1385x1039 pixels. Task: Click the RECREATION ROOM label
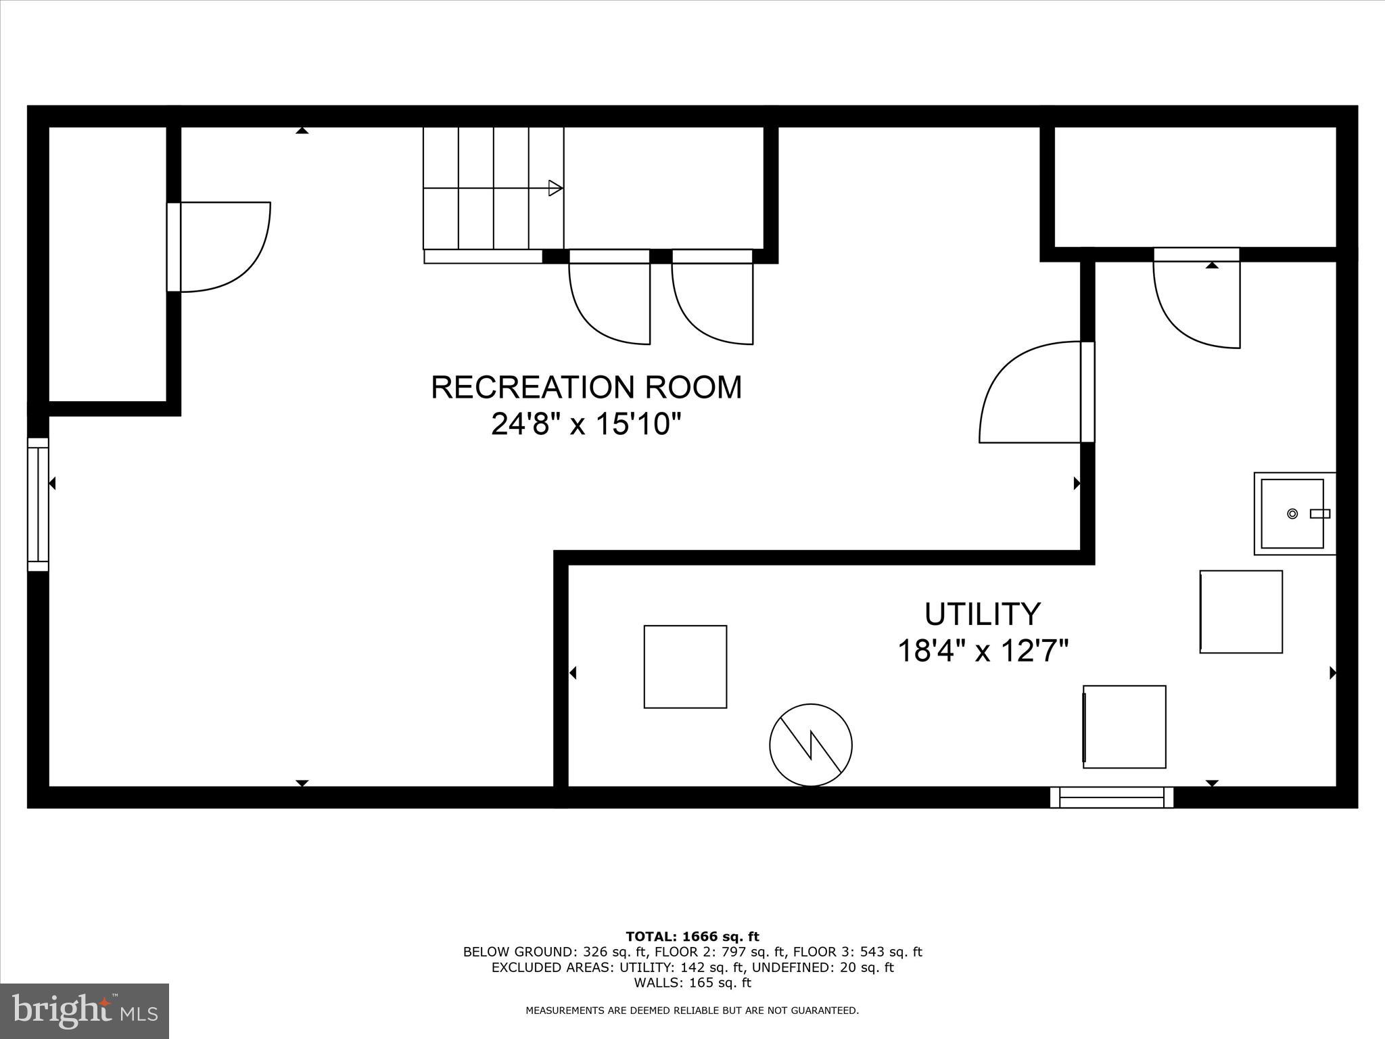(586, 388)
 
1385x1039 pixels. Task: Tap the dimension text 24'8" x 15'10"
(586, 425)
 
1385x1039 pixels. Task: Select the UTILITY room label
(982, 614)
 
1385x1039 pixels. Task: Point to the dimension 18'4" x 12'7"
(982, 651)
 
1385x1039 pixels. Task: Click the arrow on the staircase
(555, 188)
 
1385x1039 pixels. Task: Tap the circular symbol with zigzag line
(810, 745)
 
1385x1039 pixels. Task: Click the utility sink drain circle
(1292, 514)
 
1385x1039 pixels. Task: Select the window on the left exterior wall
(38, 504)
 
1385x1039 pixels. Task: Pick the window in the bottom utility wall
(1111, 797)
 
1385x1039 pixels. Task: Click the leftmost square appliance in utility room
(685, 666)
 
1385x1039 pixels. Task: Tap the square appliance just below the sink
(1241, 611)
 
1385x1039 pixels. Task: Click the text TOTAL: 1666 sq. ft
(692, 937)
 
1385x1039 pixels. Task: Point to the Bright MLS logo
(85, 1011)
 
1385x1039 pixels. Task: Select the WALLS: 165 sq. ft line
(692, 983)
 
